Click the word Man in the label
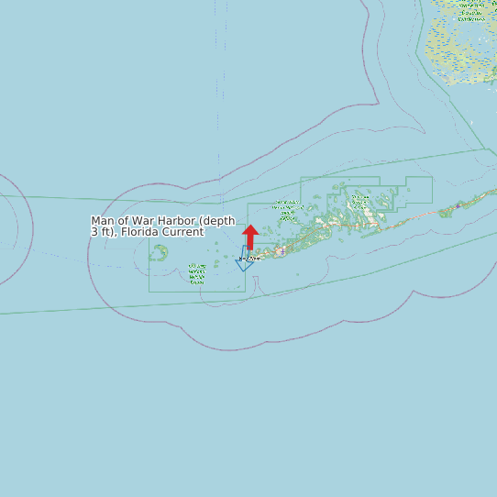coord(102,221)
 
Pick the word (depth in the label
coord(217,221)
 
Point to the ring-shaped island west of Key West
coord(159,252)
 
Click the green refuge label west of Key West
coord(196,273)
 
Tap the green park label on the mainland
coord(471,9)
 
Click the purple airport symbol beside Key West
coord(280,251)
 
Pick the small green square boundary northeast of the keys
coord(418,190)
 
